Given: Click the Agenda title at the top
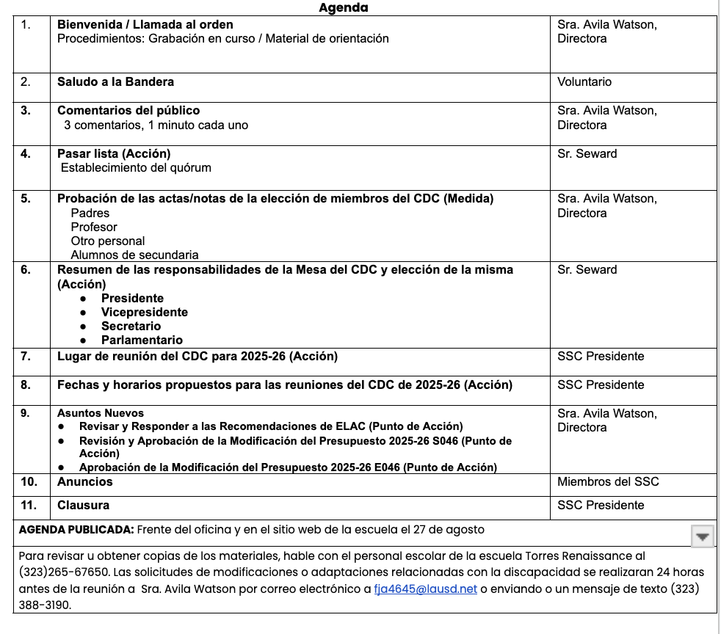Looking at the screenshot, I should (x=343, y=8).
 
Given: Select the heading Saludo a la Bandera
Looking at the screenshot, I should (x=115, y=81).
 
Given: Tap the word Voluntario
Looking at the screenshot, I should (x=584, y=82).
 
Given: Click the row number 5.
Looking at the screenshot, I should (x=26, y=198).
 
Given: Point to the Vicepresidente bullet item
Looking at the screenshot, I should (x=144, y=312).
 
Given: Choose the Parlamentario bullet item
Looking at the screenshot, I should (x=142, y=340).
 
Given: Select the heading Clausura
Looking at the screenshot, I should (x=83, y=505).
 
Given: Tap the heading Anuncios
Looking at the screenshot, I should (x=85, y=481).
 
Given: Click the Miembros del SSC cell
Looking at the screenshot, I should (x=608, y=481).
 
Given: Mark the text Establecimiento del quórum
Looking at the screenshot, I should (x=136, y=168).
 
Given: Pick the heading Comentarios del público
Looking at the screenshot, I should (x=128, y=111).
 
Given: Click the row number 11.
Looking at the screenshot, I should (x=29, y=505).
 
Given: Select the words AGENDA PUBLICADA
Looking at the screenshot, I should (x=76, y=529).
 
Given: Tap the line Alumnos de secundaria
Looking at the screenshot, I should (x=134, y=255).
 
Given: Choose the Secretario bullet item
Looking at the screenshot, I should (x=131, y=326).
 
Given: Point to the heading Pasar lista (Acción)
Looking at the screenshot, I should (x=114, y=153).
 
